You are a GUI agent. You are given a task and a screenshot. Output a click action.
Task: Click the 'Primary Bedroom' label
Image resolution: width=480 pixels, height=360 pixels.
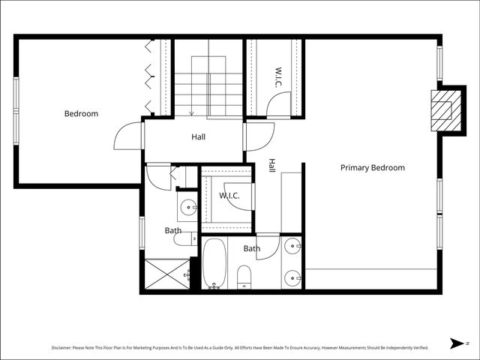tap(372, 168)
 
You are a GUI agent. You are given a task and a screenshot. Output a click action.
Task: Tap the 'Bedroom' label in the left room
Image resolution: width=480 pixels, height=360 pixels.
tap(81, 114)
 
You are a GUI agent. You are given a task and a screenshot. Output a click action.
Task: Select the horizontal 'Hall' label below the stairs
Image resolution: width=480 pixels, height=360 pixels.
tap(198, 137)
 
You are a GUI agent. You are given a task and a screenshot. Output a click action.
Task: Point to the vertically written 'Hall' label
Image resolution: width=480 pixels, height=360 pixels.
tap(271, 166)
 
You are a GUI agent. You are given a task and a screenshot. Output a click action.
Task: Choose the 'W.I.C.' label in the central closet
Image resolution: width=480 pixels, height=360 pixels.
tap(229, 196)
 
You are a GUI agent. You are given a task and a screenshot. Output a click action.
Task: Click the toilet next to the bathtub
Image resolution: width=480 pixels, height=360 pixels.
tap(244, 277)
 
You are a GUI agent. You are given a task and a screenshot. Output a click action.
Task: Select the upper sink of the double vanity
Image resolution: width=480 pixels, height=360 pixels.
tap(292, 246)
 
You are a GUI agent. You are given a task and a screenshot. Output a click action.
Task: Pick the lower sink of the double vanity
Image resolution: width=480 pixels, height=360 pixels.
tap(292, 277)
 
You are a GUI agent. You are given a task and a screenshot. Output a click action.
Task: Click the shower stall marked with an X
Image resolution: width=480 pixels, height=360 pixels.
tap(166, 273)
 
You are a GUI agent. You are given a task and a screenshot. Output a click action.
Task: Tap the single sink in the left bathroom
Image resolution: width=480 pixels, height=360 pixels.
tap(187, 208)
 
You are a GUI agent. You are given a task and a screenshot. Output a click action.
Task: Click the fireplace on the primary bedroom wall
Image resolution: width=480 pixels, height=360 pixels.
tap(442, 110)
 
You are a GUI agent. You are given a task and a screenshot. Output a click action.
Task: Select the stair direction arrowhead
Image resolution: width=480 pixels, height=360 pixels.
tap(192, 114)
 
